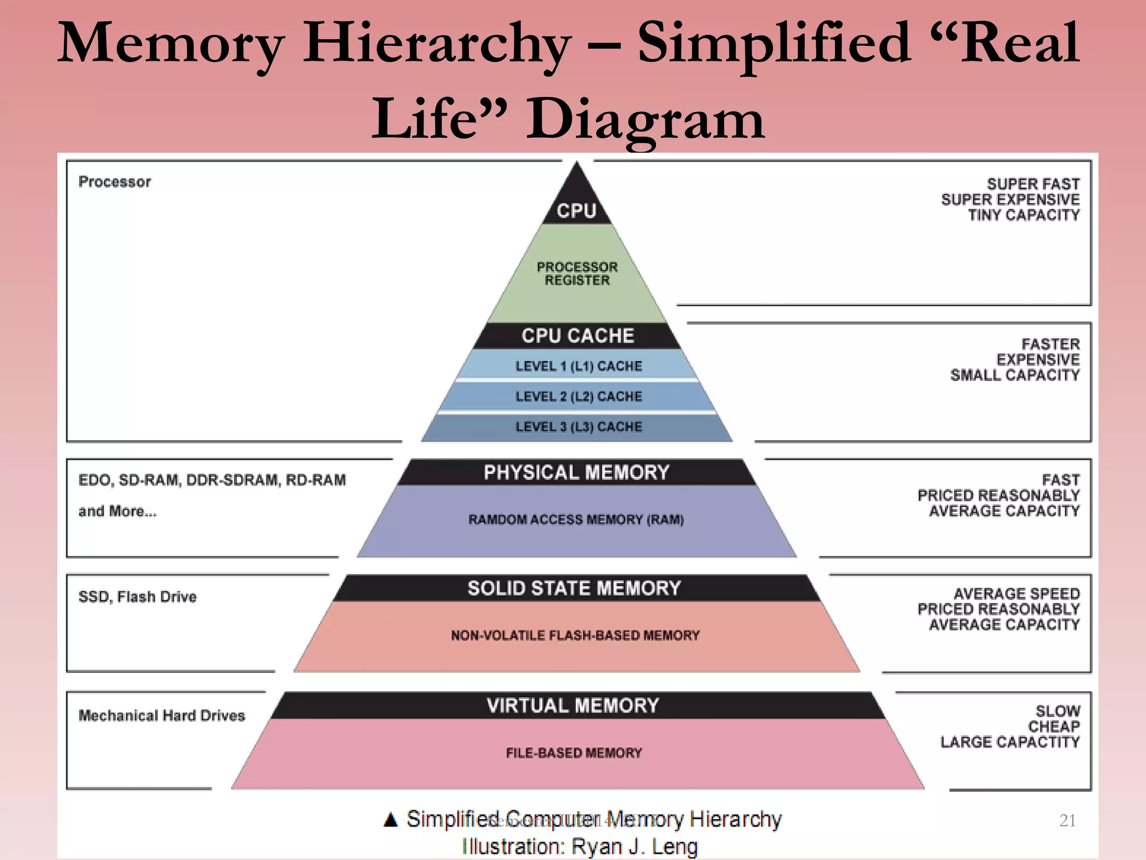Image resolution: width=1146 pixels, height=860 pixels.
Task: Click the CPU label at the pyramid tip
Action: (576, 211)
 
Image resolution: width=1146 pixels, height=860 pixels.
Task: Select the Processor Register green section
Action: (577, 273)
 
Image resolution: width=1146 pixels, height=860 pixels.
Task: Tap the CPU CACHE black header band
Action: (577, 335)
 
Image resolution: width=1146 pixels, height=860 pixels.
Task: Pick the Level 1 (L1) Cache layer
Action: (578, 366)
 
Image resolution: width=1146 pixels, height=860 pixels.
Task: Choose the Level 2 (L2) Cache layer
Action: (578, 396)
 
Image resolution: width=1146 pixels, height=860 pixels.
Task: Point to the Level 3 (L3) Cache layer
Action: (578, 427)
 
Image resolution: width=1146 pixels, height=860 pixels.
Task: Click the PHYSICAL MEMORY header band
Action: (576, 472)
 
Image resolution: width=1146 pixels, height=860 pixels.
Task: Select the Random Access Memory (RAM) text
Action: (576, 520)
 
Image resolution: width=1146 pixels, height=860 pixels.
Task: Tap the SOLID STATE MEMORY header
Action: (575, 588)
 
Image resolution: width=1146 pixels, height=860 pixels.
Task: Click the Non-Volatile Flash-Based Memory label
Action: (575, 635)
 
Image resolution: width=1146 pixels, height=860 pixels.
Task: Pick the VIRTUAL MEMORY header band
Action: (573, 705)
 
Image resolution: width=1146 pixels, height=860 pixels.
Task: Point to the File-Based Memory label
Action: (574, 753)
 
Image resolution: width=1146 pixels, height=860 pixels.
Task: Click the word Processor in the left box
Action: (115, 182)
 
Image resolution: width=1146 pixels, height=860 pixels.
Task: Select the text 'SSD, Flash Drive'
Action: (138, 597)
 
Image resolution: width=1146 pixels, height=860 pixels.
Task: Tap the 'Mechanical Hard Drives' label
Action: (162, 716)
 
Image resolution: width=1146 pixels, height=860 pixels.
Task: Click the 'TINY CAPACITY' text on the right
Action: (1023, 215)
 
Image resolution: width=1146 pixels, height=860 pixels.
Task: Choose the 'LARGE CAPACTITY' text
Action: (1010, 742)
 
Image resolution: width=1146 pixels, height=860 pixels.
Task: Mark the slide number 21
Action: (1068, 820)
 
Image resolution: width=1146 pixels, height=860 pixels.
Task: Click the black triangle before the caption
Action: (391, 820)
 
